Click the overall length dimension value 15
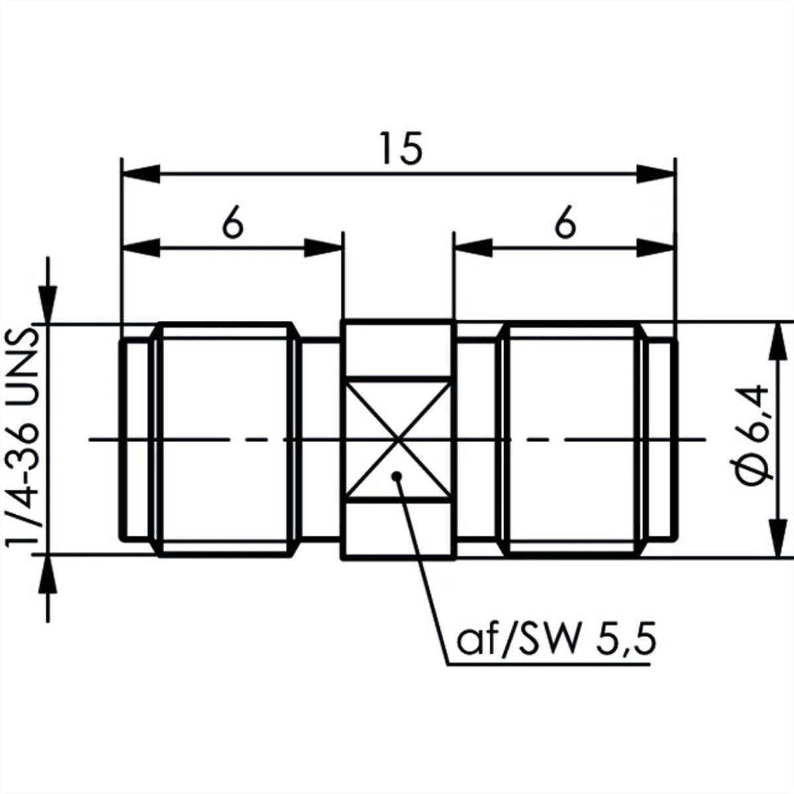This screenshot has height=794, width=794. (x=401, y=148)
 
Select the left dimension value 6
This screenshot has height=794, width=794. (x=233, y=222)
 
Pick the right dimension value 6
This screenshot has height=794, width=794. (x=565, y=222)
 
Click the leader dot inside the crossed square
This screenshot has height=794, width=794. (x=397, y=476)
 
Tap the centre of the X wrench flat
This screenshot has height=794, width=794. (x=397, y=439)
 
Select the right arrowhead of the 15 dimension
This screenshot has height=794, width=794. (x=655, y=174)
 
